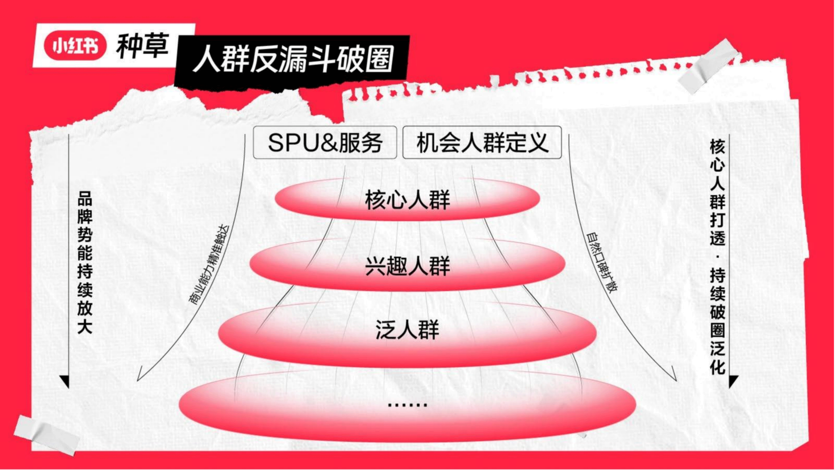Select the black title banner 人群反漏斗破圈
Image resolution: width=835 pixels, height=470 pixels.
pyautogui.click(x=292, y=60)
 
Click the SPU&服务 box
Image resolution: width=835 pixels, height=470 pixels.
pyautogui.click(x=325, y=143)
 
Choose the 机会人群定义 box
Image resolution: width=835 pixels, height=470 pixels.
pyautogui.click(x=482, y=143)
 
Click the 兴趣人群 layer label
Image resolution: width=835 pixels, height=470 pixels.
pyautogui.click(x=407, y=266)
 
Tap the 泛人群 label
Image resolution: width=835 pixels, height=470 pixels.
pyautogui.click(x=407, y=330)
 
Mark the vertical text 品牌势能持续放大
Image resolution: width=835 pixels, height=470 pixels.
pyautogui.click(x=85, y=266)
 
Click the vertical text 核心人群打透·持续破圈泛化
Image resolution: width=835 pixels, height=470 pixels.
pyautogui.click(x=717, y=260)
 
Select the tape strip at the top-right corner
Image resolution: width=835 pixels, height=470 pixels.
pyautogui.click(x=710, y=68)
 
